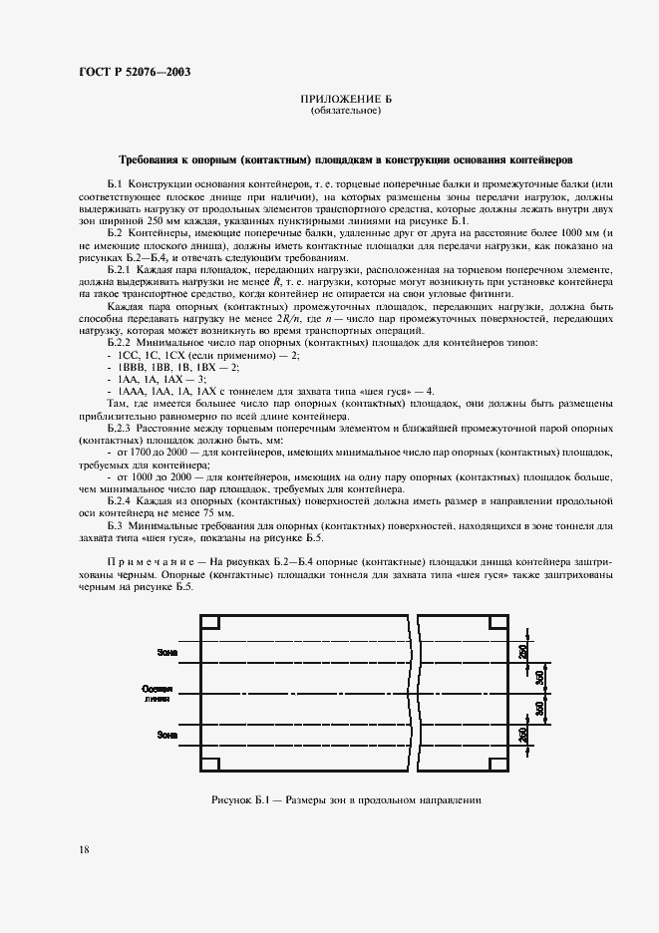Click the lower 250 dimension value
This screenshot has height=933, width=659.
[x=523, y=735]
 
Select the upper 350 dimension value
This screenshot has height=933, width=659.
[x=540, y=677]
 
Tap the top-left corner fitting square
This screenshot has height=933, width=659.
[x=210, y=623]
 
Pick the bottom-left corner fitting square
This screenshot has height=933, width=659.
[x=210, y=764]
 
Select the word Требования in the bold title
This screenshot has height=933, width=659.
[x=155, y=159]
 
